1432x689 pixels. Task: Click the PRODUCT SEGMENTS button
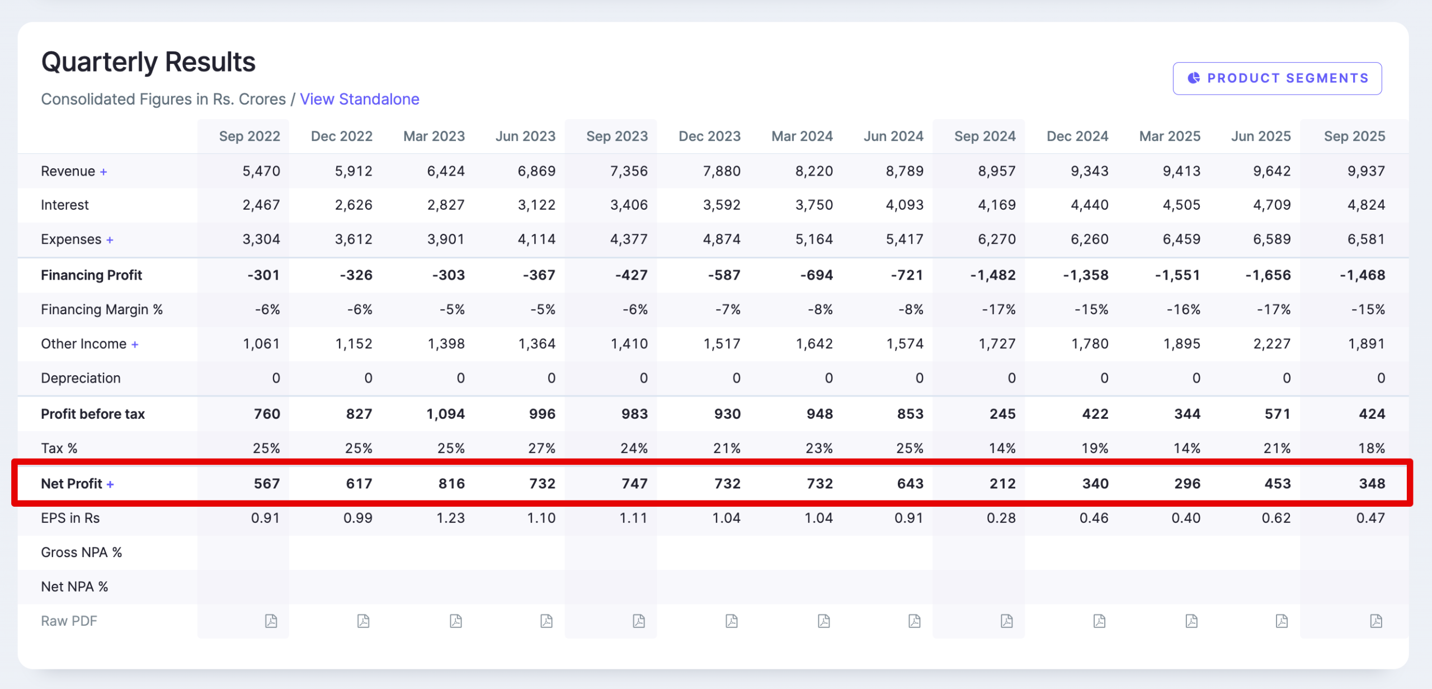pos(1277,78)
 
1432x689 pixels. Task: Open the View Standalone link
pos(359,99)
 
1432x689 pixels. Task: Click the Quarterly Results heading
pos(148,62)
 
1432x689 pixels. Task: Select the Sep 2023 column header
pos(616,136)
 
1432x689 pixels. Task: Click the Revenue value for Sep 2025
pos(1365,171)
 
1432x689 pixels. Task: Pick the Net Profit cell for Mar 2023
pos(451,483)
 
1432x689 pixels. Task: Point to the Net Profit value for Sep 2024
pos(1002,483)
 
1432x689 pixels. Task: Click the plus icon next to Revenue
pos(103,172)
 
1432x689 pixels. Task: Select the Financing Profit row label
pos(91,275)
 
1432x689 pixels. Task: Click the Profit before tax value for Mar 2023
pos(445,414)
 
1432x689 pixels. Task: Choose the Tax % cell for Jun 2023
pos(541,448)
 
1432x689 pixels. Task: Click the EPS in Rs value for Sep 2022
pos(265,518)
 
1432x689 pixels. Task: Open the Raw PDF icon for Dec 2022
pos(364,621)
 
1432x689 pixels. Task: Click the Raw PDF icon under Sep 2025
pos(1376,621)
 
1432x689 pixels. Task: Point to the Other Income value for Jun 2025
pos(1271,344)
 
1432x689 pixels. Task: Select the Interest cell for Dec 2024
pos(1089,205)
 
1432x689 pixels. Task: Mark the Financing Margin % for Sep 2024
pos(998,309)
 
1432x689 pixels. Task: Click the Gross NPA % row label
pos(81,553)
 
